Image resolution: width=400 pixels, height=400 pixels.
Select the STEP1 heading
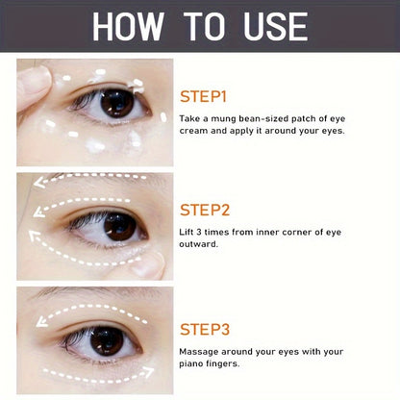[x=204, y=96]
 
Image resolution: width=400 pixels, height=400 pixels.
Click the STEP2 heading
[x=205, y=210]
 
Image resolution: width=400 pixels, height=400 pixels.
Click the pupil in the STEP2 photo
[x=120, y=227]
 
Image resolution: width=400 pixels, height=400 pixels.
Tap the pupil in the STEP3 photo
[x=107, y=339]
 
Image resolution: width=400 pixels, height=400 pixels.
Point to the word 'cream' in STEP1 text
[x=197, y=129]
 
